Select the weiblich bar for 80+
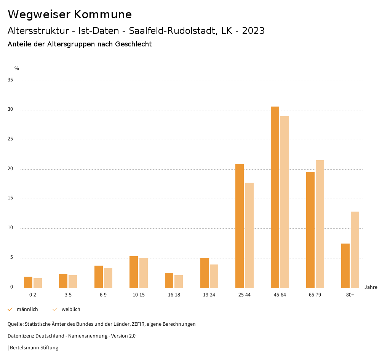(x=355, y=250)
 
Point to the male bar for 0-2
(x=28, y=282)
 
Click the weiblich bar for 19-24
(x=214, y=276)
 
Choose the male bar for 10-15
(x=134, y=272)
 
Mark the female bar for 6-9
(x=108, y=278)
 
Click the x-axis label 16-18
(x=174, y=295)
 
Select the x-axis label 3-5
(x=68, y=295)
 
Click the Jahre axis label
(x=371, y=287)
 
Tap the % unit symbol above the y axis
(x=17, y=68)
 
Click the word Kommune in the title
(x=103, y=14)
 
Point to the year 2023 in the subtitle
(x=253, y=31)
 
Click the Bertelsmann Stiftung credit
(x=34, y=348)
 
